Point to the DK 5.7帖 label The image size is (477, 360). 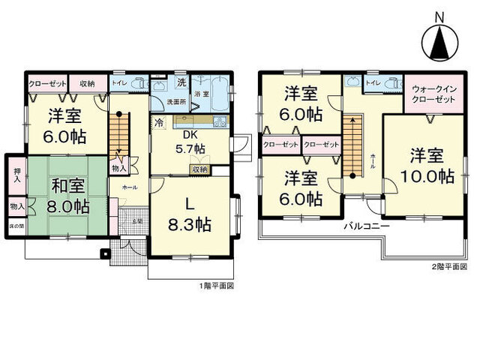pyautogui.click(x=188, y=142)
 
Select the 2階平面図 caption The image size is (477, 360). pyautogui.click(x=448, y=268)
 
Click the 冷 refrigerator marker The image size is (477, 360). pyautogui.click(x=159, y=121)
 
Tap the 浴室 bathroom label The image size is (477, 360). pyautogui.click(x=201, y=94)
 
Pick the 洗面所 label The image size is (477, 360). pyautogui.click(x=175, y=100)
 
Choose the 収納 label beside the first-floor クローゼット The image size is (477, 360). pyautogui.click(x=87, y=82)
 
